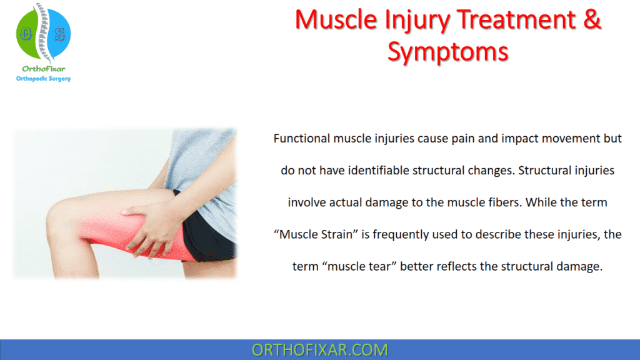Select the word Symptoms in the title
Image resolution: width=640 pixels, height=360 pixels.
(447, 51)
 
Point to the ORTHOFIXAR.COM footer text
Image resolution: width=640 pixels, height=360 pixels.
(319, 349)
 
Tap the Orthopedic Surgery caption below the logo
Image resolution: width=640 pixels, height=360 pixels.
(43, 79)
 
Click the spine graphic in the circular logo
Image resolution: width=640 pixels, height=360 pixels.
(43, 31)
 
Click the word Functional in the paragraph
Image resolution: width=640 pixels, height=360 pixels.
(301, 139)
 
